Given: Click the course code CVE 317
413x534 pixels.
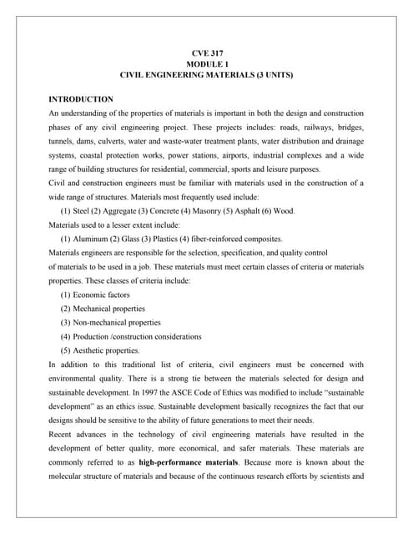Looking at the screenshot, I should click(x=206, y=53).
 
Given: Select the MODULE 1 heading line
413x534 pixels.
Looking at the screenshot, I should click(x=206, y=64).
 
